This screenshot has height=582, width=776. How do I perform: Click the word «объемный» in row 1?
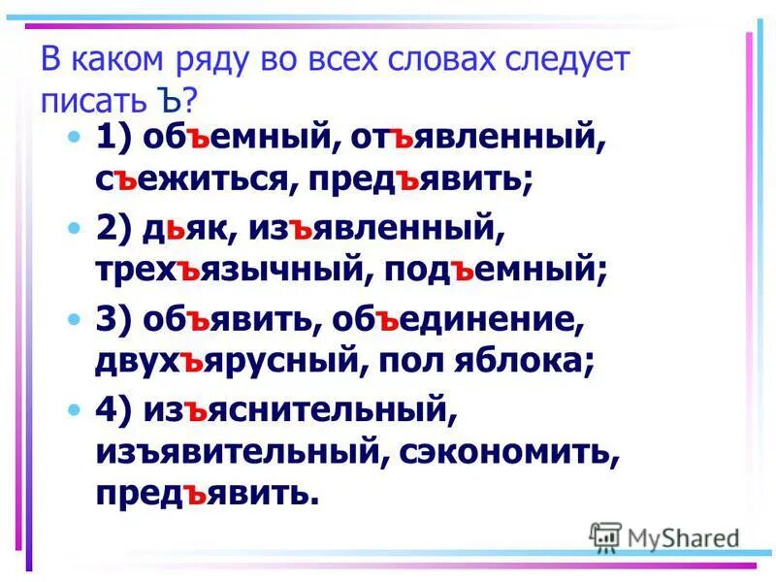click(x=234, y=139)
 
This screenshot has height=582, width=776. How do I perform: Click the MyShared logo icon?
click(x=606, y=536)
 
